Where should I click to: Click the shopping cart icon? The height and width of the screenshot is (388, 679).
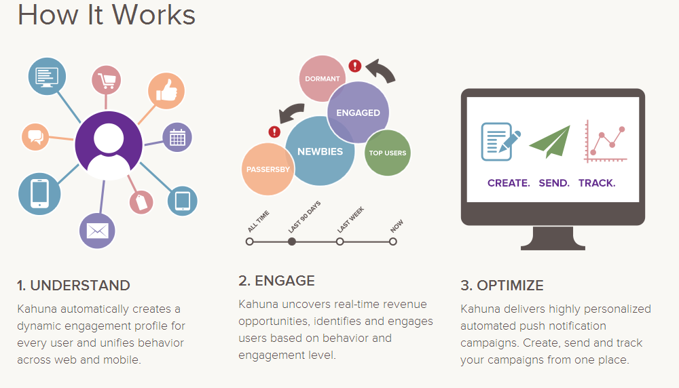(x=106, y=80)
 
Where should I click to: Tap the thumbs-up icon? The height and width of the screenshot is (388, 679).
(x=166, y=91)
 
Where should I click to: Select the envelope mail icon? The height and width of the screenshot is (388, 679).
(x=97, y=231)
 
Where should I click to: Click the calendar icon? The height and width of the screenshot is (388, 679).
(x=177, y=138)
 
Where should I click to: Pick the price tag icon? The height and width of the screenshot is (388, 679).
(x=141, y=201)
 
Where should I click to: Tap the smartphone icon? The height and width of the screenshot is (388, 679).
(x=39, y=194)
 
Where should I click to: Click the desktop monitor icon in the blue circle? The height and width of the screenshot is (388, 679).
(x=48, y=77)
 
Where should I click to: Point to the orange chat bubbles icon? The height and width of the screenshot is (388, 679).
(x=35, y=137)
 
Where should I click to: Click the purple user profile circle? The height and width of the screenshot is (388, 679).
(x=108, y=145)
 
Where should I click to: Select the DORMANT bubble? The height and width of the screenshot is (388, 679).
(x=322, y=79)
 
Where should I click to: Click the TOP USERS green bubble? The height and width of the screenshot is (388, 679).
(x=388, y=153)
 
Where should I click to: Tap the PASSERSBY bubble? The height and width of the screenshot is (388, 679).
(x=268, y=169)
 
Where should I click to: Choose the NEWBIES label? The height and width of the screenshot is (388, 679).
(x=320, y=151)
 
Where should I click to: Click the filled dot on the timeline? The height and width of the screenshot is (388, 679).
(x=292, y=241)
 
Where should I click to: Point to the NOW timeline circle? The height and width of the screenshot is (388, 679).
(x=392, y=241)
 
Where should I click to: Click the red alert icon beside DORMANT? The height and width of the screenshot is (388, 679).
(x=355, y=66)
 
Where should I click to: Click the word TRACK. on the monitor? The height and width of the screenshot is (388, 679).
(x=597, y=183)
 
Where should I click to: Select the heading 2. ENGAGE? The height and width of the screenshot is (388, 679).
(x=276, y=281)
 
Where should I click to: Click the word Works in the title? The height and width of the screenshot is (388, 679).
(x=154, y=15)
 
